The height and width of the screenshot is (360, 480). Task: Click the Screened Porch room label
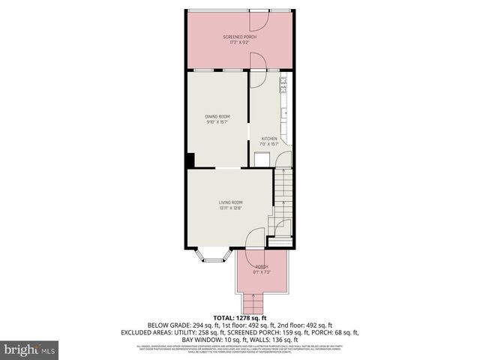click(x=239, y=37)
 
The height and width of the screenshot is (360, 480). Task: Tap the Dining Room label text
click(x=217, y=116)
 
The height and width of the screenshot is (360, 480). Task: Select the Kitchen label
click(x=268, y=139)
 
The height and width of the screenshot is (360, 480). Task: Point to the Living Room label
click(x=231, y=202)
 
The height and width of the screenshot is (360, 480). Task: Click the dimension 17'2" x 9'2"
click(x=239, y=43)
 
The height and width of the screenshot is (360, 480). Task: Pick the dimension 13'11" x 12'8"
click(x=231, y=208)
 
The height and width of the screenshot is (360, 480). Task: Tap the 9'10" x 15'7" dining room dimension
click(x=217, y=122)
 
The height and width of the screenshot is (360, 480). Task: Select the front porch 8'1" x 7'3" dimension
click(x=261, y=272)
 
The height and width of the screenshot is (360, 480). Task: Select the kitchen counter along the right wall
click(x=285, y=105)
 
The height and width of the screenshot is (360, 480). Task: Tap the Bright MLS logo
click(x=29, y=350)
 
